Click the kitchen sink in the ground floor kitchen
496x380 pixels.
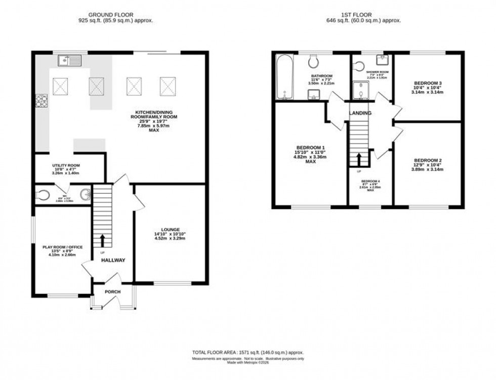(69, 61)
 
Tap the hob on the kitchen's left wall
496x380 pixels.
(42, 101)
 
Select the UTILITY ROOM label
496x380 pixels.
(65, 165)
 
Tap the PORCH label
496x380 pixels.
(113, 292)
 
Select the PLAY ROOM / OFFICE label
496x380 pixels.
(62, 247)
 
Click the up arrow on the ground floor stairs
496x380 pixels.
(103, 239)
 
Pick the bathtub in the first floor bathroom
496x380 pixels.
(282, 77)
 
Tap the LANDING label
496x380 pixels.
(360, 113)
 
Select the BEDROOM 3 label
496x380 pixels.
(428, 83)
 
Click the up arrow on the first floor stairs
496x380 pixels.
(359, 159)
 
